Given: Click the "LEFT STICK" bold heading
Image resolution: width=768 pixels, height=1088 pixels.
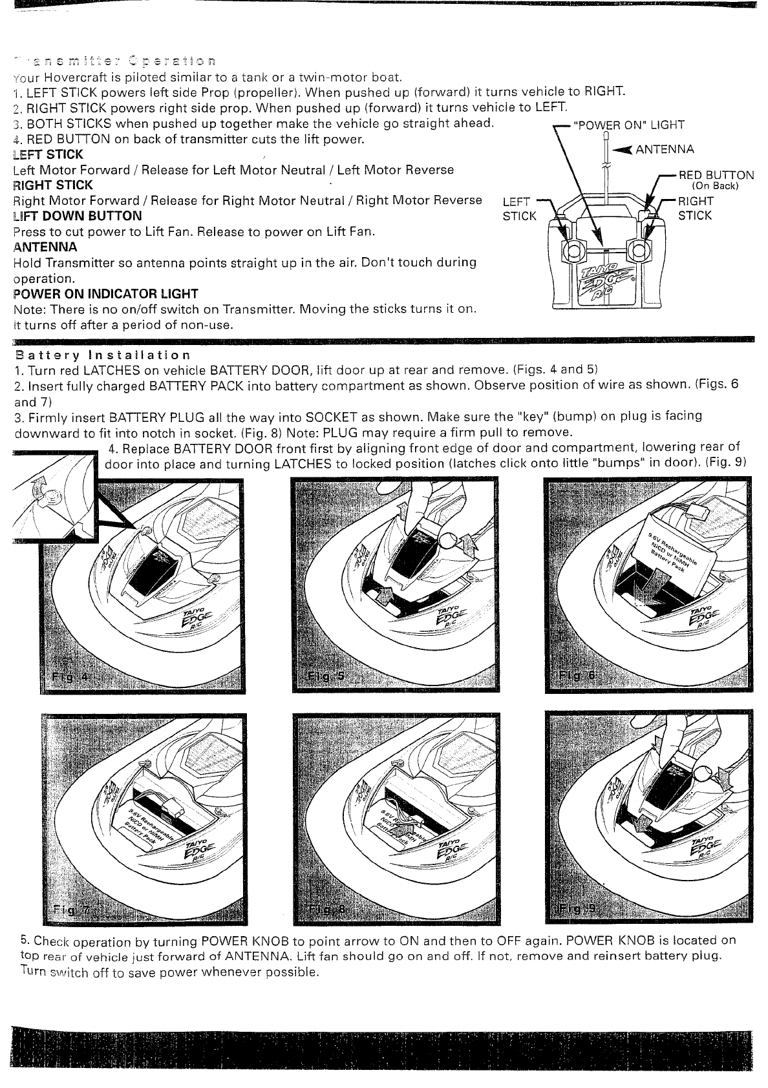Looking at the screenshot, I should click(x=48, y=154).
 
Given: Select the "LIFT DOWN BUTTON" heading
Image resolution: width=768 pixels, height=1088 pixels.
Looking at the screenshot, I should click(x=77, y=216).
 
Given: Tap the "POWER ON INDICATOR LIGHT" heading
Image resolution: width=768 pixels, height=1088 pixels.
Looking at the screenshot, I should click(x=105, y=294).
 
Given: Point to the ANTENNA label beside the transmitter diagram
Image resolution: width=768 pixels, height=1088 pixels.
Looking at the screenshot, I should click(x=665, y=150).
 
